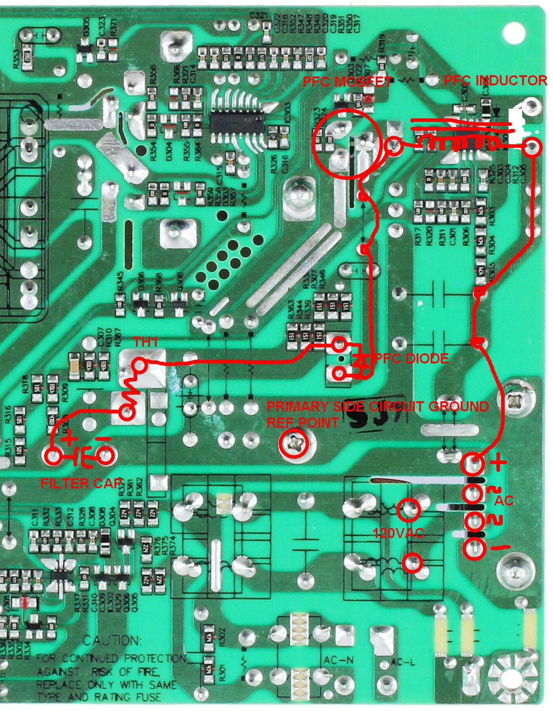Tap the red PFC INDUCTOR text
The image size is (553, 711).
pos(495,81)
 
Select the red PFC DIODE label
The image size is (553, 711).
pos(411,359)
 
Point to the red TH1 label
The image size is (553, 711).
pos(145,342)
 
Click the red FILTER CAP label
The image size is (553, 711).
pos(81,484)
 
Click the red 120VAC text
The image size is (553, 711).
pos(398,534)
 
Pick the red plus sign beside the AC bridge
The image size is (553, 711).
pos(498,462)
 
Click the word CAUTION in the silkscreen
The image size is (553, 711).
pos(112,641)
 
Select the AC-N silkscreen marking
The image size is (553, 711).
pos(339,660)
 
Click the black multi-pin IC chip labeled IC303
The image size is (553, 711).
pos(237,120)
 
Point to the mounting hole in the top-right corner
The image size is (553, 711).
pos(513,33)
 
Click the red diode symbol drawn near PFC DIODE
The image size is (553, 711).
pos(361,360)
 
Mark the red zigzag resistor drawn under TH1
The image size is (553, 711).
pos(130,390)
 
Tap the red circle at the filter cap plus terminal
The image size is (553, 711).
pos(54,456)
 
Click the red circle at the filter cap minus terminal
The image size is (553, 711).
pos(105,456)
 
